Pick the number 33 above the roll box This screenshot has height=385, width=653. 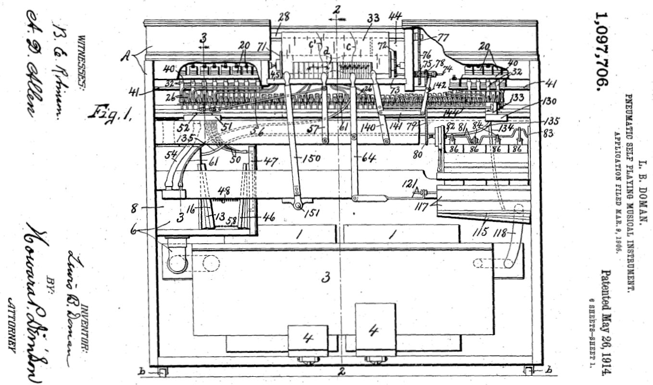373,18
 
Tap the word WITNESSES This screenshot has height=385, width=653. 82,62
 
